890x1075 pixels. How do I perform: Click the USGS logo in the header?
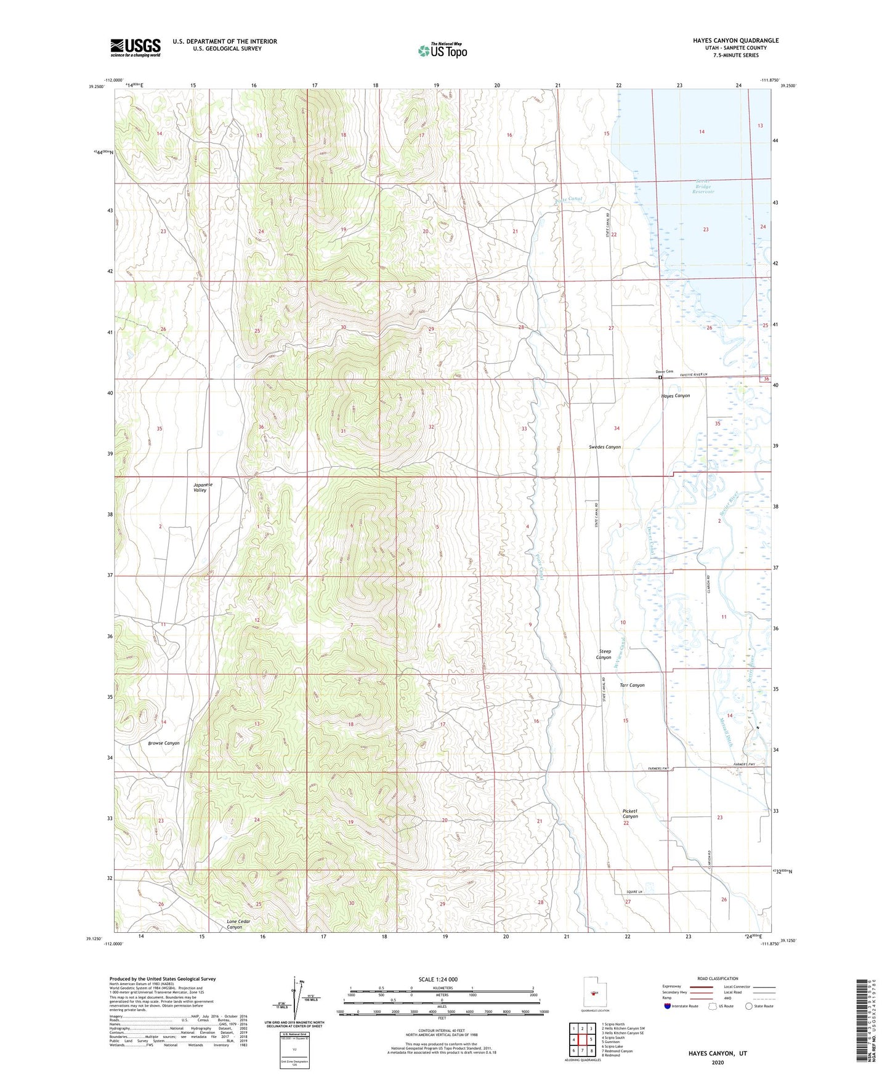(136, 47)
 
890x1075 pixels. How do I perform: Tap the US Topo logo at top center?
(442, 50)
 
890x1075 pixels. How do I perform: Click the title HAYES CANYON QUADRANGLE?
(735, 41)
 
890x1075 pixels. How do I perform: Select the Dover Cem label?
(664, 372)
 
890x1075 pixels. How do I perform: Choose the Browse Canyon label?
(164, 743)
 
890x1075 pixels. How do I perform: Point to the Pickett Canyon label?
(630, 813)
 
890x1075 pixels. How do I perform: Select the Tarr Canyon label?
(632, 685)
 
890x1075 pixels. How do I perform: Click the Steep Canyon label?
(604, 654)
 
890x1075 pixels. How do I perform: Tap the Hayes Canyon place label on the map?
(675, 396)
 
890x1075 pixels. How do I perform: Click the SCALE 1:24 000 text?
(438, 979)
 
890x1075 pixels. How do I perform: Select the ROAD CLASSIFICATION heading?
(718, 978)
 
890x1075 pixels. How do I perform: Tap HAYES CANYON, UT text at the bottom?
(718, 1053)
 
